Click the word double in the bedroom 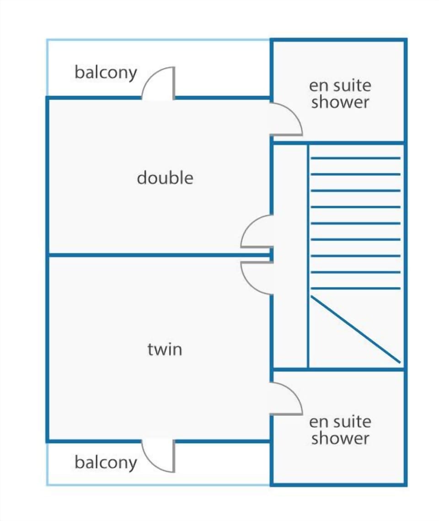pyautogui.click(x=165, y=178)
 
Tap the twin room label pyautogui.click(x=165, y=350)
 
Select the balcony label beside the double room pyautogui.click(x=106, y=73)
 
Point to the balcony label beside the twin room pyautogui.click(x=106, y=463)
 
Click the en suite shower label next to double pyautogui.click(x=340, y=94)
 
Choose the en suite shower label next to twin pyautogui.click(x=340, y=431)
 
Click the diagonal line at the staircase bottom pyautogui.click(x=355, y=329)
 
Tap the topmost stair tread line pyautogui.click(x=355, y=158)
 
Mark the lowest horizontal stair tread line pyautogui.click(x=355, y=288)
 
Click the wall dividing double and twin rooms pyautogui.click(x=159, y=255)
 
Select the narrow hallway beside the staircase pyautogui.click(x=290, y=256)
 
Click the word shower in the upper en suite pyautogui.click(x=340, y=102)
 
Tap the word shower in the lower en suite pyautogui.click(x=340, y=438)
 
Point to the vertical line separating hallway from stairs pyautogui.click(x=308, y=256)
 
